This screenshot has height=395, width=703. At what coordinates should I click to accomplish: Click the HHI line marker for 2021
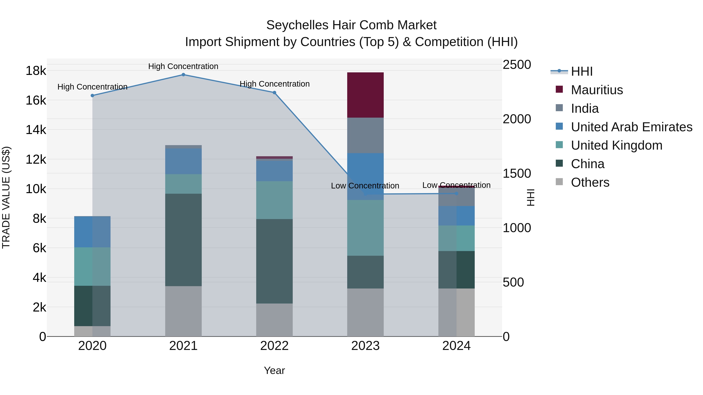pos(183,75)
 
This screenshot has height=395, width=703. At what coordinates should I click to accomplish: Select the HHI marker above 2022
pos(275,93)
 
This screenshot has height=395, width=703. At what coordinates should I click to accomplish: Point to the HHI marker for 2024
pos(457,194)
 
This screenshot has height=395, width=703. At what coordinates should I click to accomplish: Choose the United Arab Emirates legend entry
pos(631,127)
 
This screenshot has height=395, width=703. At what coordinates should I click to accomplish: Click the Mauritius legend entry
pos(597,90)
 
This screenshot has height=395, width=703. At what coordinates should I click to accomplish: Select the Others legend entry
pos(590,182)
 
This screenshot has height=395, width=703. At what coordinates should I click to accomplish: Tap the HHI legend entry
pos(582,71)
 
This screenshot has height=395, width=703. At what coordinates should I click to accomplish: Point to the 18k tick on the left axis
pos(36,71)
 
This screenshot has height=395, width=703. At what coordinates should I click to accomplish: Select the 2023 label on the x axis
pos(365,346)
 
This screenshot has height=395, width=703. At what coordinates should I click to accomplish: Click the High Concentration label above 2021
pos(183,66)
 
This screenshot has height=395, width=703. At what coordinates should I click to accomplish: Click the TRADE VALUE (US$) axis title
pos(6,197)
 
